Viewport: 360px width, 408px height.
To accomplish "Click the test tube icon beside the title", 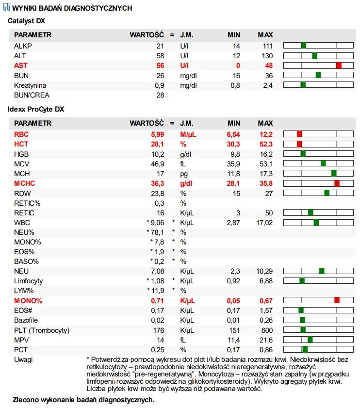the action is [7, 7].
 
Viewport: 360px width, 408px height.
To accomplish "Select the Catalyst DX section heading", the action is [26, 21].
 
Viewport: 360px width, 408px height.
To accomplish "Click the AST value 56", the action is [160, 65].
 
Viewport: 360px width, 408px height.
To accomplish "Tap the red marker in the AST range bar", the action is [339, 65].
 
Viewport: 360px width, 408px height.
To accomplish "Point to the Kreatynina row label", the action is [30, 85].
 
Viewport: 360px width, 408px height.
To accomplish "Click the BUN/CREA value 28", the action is [160, 95].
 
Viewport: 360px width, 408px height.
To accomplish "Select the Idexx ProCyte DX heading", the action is [36, 109].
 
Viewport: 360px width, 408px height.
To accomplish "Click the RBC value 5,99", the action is [158, 134].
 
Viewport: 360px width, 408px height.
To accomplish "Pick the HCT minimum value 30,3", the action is [233, 144].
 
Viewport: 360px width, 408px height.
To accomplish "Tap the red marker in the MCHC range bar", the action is [337, 183].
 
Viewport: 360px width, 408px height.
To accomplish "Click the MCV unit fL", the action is [183, 164].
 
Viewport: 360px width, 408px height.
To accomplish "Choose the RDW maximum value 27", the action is [269, 194].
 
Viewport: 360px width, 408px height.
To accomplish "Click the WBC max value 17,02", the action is [264, 223].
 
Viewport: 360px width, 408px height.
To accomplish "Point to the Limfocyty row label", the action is [28, 281].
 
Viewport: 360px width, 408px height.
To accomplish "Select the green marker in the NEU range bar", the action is [322, 271].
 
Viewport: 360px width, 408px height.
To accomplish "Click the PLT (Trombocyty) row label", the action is [42, 330].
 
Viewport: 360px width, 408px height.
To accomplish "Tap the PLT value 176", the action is [159, 330].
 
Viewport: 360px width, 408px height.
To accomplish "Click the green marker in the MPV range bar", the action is [310, 340].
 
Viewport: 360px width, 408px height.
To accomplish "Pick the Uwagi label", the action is [23, 359].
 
